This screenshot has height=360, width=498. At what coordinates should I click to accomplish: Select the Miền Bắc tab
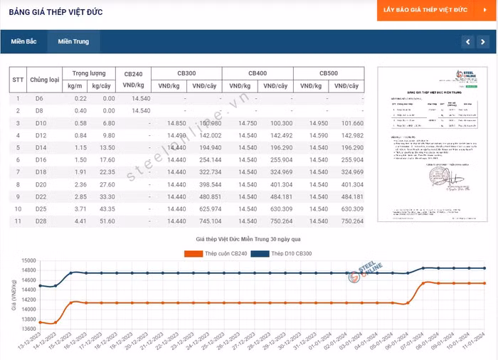[23, 41]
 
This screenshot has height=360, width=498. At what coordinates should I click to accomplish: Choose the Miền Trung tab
[73, 41]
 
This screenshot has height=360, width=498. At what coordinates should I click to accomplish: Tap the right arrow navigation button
[484, 42]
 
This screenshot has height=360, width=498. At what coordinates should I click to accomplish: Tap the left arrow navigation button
[467, 42]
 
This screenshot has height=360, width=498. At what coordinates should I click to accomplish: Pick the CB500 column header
[328, 73]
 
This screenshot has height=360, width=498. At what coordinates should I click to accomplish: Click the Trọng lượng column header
[88, 73]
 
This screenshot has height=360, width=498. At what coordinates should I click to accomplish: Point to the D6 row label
[39, 98]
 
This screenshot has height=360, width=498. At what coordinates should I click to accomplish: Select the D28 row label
[40, 221]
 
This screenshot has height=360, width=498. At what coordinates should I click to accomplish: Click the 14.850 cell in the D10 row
[176, 123]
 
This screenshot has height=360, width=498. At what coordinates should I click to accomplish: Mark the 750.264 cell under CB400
[277, 221]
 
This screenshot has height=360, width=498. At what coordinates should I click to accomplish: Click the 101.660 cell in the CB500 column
[348, 123]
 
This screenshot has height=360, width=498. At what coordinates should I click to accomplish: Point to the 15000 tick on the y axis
[28, 261]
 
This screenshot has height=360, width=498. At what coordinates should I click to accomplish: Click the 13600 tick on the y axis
[28, 329]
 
